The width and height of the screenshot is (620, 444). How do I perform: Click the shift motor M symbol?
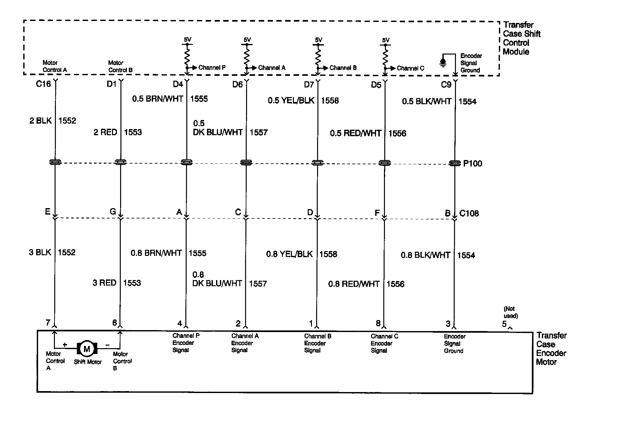coord(87,349)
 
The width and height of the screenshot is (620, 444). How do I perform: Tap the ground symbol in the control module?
coord(443,62)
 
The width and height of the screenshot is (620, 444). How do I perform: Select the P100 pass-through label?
coord(472,164)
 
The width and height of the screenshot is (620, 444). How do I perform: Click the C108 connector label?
coord(469,213)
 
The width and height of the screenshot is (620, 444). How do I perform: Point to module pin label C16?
coord(43,84)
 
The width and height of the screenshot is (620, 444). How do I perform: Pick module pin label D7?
coord(309,85)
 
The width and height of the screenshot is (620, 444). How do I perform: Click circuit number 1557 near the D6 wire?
coord(258,132)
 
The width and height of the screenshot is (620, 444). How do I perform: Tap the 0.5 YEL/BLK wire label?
coord(291,101)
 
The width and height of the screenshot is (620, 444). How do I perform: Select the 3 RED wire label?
coord(104,283)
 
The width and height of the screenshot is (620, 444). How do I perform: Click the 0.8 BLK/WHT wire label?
coord(425,255)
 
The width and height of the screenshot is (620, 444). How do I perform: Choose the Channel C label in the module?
coord(410,68)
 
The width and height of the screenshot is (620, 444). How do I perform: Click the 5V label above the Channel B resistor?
coord(318,40)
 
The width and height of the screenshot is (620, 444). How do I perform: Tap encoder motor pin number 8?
coord(378,323)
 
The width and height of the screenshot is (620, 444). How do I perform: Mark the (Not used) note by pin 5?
coord(511,312)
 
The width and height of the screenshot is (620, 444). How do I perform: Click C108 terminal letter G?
coord(113,212)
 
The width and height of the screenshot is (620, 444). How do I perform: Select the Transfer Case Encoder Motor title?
coord(551,349)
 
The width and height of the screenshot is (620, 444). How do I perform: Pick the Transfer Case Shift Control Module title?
coord(521,38)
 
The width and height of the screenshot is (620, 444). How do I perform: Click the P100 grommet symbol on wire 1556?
coord(384,163)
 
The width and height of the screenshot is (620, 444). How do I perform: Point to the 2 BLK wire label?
coord(40,121)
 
